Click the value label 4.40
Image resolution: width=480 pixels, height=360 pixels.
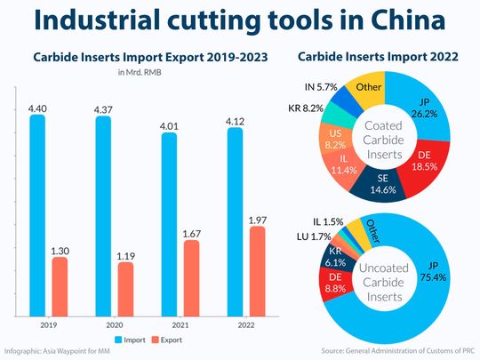click(37, 107)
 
